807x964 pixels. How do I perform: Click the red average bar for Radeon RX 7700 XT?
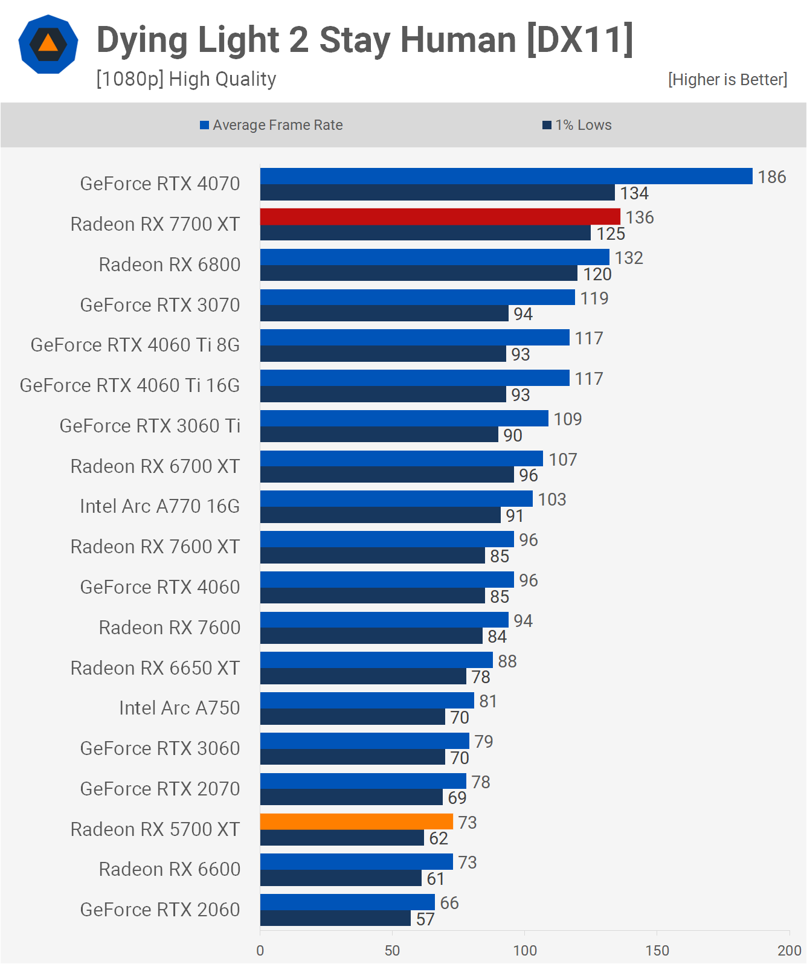pos(440,217)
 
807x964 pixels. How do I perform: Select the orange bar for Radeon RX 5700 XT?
pos(356,821)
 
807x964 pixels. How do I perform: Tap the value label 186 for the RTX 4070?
pos(772,177)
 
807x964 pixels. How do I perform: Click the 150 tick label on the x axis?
pos(657,950)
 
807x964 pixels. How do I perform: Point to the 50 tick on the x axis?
pos(393,950)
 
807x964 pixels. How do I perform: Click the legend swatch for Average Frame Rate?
pos(205,125)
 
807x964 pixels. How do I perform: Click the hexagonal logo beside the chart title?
pos(48,44)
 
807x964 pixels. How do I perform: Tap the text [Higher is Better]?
pos(727,80)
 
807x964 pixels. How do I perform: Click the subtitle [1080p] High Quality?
pos(186,79)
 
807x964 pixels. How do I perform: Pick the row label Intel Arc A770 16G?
pos(159,506)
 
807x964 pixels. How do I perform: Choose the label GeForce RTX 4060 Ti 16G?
pos(130,385)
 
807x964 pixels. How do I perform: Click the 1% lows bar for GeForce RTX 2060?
pos(335,918)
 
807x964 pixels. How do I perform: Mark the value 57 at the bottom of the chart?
pos(425,919)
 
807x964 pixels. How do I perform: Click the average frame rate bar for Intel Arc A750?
pos(367,701)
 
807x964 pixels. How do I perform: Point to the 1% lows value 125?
pos(611,234)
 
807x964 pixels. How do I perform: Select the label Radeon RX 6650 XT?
pos(155,668)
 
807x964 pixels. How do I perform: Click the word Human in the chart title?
pos(458,40)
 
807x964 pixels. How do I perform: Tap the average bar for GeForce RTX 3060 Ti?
pos(404,418)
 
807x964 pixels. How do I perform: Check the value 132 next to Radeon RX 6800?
pos(629,258)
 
